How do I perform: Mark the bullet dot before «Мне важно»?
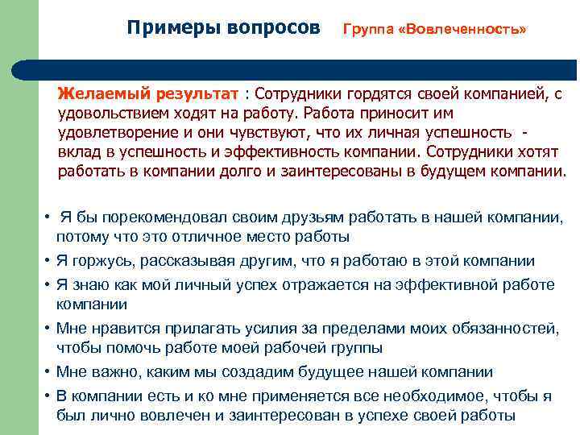pyautogui.click(x=49, y=372)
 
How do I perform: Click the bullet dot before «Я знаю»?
pyautogui.click(x=49, y=284)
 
